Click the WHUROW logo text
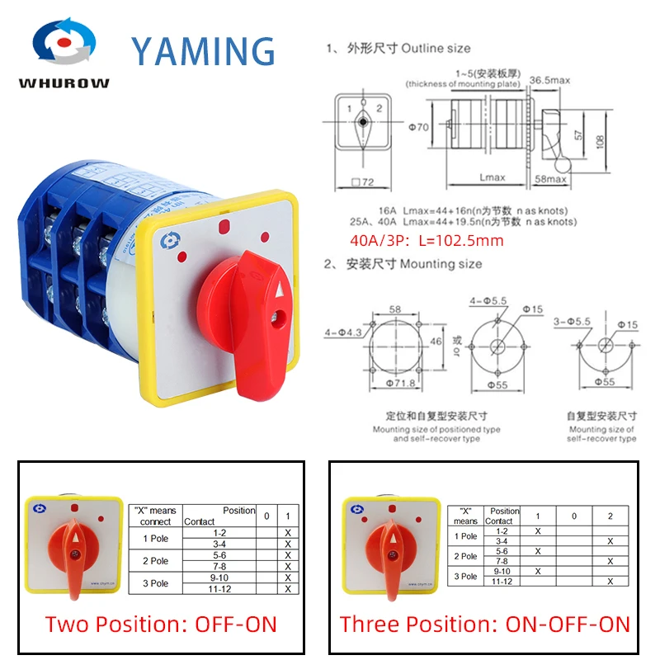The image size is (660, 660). click(64, 84)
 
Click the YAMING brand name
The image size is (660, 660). click(204, 51)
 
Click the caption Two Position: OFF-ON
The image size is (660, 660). click(161, 623)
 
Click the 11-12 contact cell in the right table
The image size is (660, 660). click(500, 582)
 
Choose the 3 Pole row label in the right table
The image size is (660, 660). click(466, 576)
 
